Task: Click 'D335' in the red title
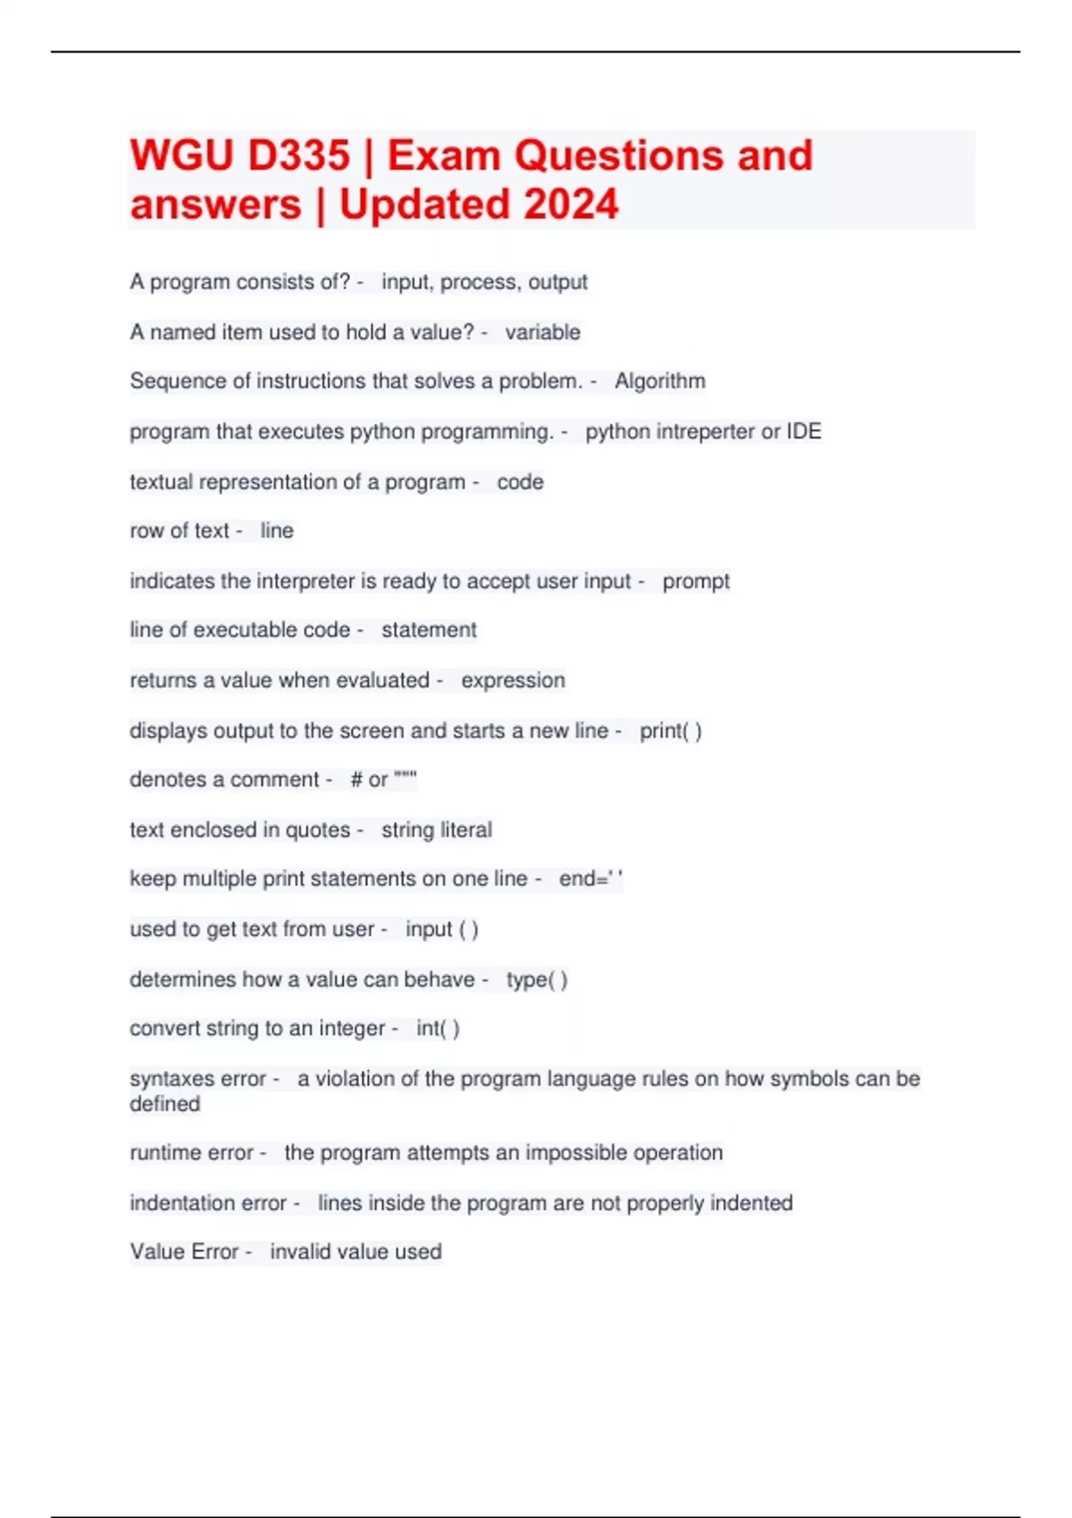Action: pyautogui.click(x=298, y=155)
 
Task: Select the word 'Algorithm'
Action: pyautogui.click(x=659, y=381)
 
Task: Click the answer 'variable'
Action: pyautogui.click(x=542, y=332)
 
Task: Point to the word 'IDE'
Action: pyautogui.click(x=803, y=431)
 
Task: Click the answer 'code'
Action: pyautogui.click(x=520, y=482)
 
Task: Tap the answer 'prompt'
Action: pyautogui.click(x=696, y=581)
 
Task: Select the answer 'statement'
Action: pyautogui.click(x=429, y=630)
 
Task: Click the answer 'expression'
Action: pyautogui.click(x=513, y=680)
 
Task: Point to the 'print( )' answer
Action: pyautogui.click(x=670, y=730)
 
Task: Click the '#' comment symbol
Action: pyautogui.click(x=356, y=780)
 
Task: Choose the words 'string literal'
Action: pyautogui.click(x=436, y=830)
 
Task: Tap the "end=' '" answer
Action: pyautogui.click(x=590, y=879)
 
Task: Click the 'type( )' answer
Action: pyautogui.click(x=536, y=980)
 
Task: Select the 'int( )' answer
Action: pyautogui.click(x=437, y=1029)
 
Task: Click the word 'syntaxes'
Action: pyautogui.click(x=172, y=1079)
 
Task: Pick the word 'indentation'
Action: pyautogui.click(x=185, y=1203)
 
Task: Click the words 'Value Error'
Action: pyautogui.click(x=184, y=1252)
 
